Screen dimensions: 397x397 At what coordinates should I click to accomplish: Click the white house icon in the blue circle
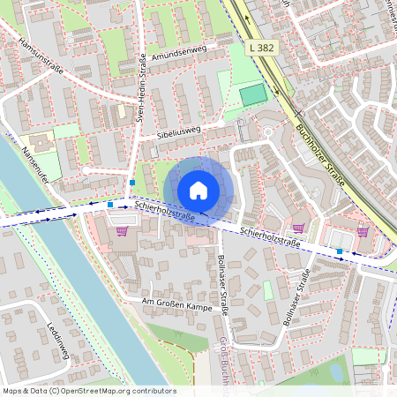tap(198, 190)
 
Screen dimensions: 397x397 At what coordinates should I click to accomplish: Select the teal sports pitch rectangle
tap(251, 94)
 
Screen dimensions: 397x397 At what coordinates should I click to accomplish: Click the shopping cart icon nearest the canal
tap(122, 232)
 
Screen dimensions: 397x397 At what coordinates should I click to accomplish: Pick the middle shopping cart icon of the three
tap(298, 228)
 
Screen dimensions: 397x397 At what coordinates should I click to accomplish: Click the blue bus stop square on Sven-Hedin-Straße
tap(131, 182)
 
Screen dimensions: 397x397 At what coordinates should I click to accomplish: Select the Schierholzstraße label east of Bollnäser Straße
tap(278, 236)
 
